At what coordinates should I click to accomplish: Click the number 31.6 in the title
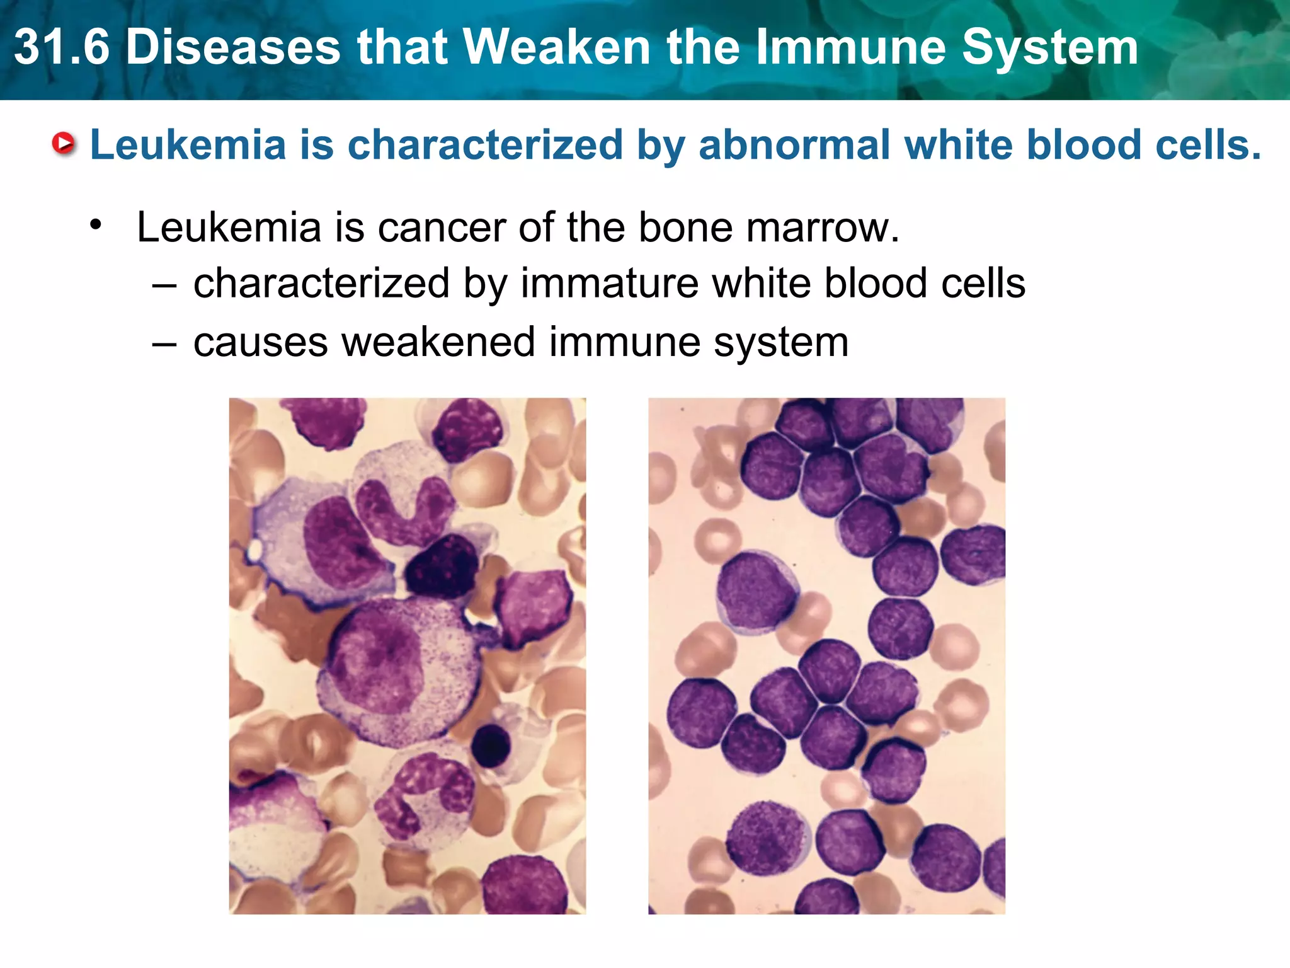pyautogui.click(x=62, y=48)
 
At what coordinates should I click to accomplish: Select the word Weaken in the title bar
pyautogui.click(x=557, y=48)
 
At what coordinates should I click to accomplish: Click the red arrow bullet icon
pyautogui.click(x=63, y=144)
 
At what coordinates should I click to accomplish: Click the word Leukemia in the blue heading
pyautogui.click(x=188, y=145)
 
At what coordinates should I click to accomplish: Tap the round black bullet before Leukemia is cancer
pyautogui.click(x=96, y=225)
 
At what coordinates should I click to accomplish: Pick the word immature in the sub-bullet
pyautogui.click(x=609, y=283)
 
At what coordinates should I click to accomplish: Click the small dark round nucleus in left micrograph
pyautogui.click(x=491, y=745)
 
